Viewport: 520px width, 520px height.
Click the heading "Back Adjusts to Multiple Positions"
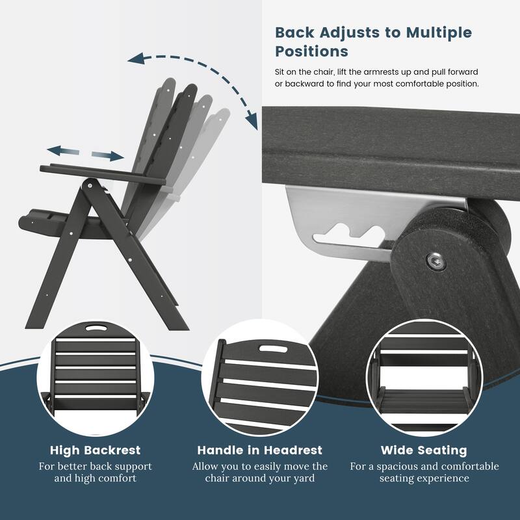coord(373,42)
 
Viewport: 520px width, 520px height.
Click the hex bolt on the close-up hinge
coord(435,261)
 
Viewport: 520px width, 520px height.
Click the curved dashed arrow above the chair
coord(195,71)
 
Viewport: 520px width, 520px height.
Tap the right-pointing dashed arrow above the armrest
coord(107,155)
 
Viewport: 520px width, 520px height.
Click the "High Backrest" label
coord(95,450)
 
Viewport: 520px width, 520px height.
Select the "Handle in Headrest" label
coord(260,450)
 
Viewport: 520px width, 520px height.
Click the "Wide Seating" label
coord(424,450)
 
